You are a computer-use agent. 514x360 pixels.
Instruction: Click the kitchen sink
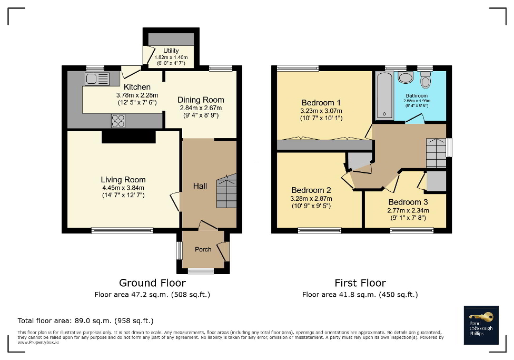coord(97,79)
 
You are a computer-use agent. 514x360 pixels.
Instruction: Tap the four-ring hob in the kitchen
coord(118,121)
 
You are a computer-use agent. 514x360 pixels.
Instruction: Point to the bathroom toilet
coord(426,81)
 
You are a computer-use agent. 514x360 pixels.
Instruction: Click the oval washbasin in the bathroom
coord(406,79)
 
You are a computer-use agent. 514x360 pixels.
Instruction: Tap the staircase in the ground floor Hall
coord(226,190)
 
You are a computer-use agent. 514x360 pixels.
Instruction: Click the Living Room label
coord(124,180)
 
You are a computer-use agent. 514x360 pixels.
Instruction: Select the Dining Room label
coord(201,100)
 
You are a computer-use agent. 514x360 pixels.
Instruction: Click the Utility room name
coord(171,51)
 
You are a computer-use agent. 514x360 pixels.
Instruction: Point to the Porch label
coord(203,249)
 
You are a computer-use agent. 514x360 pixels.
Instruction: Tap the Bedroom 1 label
coord(321,102)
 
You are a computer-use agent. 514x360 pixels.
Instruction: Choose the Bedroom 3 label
coord(405,202)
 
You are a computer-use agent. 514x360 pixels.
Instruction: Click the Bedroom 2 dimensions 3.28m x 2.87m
coord(311,199)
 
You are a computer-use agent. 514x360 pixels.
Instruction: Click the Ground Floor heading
coord(152,283)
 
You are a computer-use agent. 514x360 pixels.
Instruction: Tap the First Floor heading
coord(360,283)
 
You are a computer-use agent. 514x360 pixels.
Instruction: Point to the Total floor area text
coord(86,320)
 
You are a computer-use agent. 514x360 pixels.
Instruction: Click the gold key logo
coord(483,317)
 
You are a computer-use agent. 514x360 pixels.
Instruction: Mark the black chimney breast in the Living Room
coord(128,137)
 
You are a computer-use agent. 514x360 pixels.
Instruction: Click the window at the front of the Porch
coord(201,271)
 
